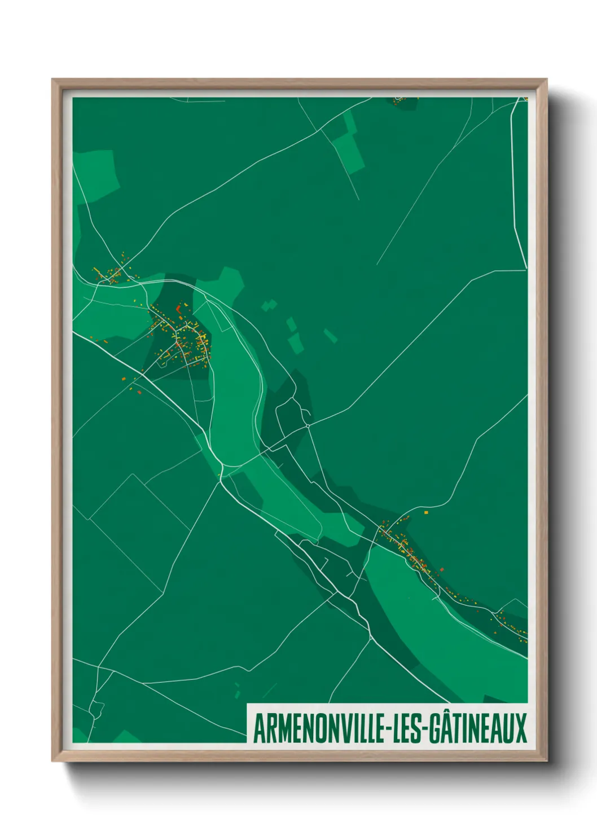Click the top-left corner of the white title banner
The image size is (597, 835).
coord(247,704)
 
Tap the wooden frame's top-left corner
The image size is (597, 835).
coord(52,80)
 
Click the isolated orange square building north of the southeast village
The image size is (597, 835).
coord(426,513)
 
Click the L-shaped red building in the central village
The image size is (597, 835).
coord(180,309)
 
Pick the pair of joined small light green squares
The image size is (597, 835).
coord(269,305)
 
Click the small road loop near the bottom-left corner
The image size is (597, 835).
coord(96,706)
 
